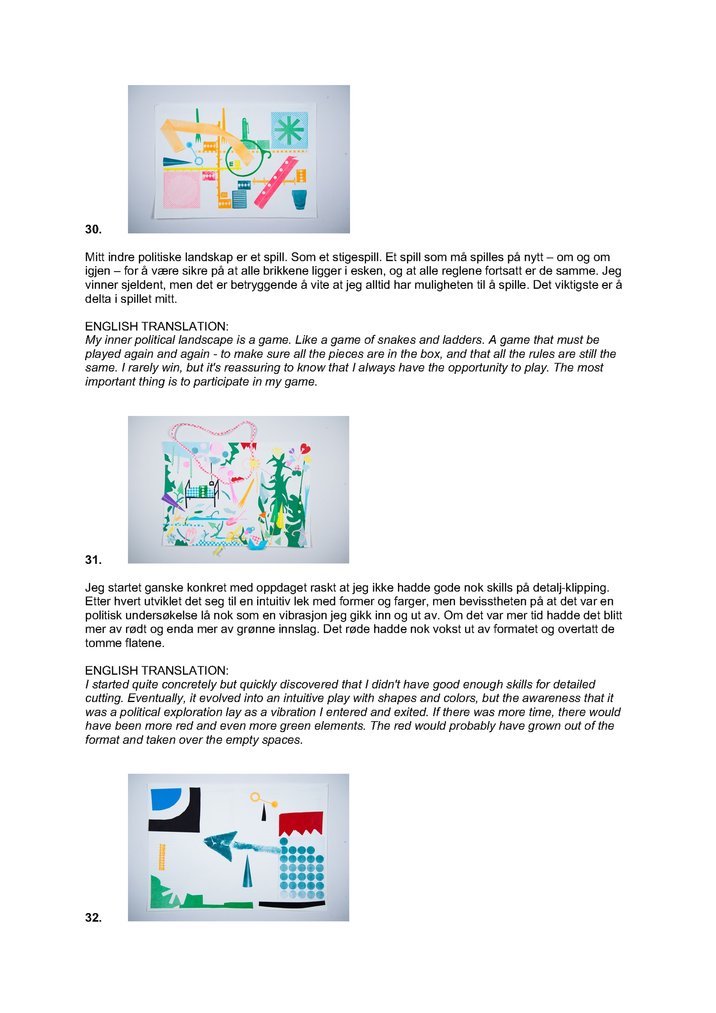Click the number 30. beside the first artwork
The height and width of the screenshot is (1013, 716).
(x=93, y=229)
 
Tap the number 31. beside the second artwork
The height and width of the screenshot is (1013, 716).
(x=93, y=560)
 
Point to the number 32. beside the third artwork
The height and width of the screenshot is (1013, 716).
(x=93, y=918)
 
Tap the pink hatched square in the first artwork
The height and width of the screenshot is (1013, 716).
(x=182, y=189)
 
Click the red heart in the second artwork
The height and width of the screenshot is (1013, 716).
(x=306, y=449)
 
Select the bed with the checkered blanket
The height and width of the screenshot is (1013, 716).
(x=202, y=492)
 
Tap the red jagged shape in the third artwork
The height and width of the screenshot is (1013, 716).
(x=301, y=823)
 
